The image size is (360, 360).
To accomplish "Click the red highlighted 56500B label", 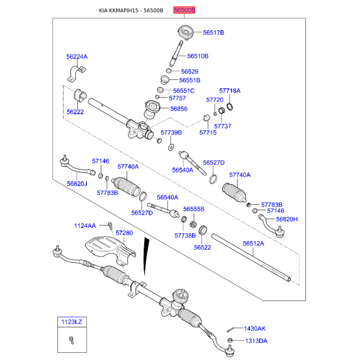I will tap(184, 10).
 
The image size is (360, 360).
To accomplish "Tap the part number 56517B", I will tap(213, 32).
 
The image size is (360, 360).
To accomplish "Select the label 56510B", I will tap(198, 56).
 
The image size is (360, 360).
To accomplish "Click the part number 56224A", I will tap(77, 57).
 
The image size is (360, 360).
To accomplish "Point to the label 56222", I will tap(75, 112).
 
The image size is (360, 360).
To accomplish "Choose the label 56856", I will tap(179, 108).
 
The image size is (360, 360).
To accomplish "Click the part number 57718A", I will tap(229, 90).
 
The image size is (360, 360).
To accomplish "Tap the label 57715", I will tap(208, 133).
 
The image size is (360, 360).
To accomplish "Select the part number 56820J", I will tap(77, 184).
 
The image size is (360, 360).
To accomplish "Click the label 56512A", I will tap(253, 243).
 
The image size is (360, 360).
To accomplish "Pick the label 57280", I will tap(124, 233).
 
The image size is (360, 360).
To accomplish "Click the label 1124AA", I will tap(85, 225).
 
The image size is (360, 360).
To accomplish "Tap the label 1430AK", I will tap(255, 329).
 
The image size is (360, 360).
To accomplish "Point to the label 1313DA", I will tap(256, 341).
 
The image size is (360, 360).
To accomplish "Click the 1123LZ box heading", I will tap(72, 322).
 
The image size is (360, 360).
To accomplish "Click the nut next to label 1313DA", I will tap(230, 340).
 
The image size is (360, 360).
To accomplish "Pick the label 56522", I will tap(202, 247).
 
